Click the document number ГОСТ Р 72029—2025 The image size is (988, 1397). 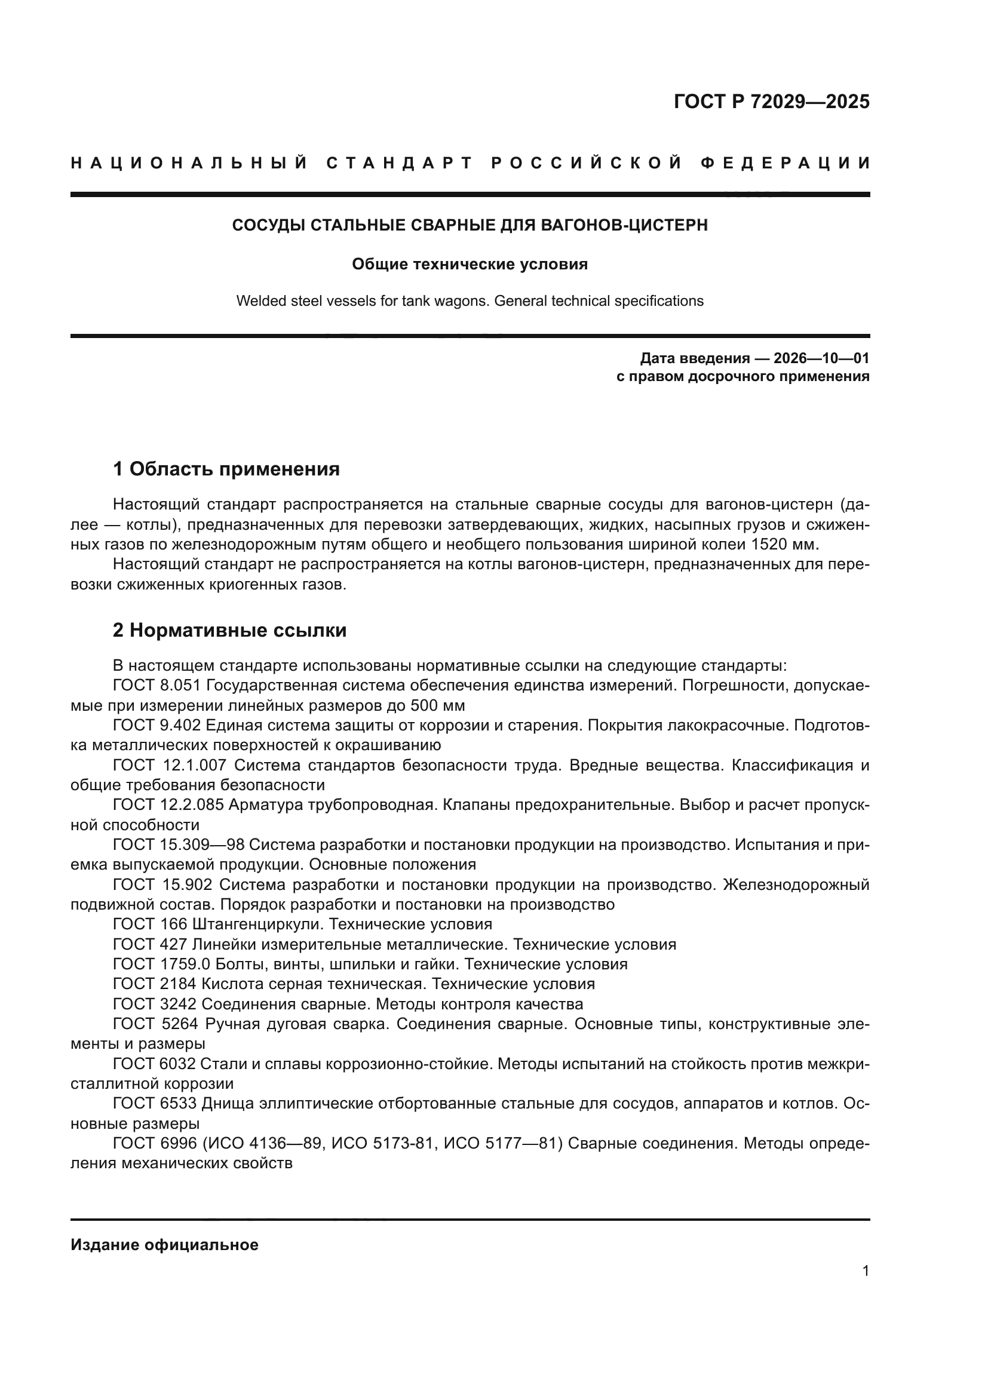[x=771, y=102]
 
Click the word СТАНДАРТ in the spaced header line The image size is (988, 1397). [x=399, y=163]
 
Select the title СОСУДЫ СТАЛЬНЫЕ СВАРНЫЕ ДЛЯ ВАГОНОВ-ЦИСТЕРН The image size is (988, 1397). [x=470, y=225]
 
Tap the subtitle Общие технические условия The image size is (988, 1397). [x=470, y=264]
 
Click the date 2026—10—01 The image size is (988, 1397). [x=821, y=358]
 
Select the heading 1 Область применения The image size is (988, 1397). [x=226, y=468]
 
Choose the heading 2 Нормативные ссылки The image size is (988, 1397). [x=229, y=630]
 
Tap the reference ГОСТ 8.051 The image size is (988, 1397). [x=157, y=685]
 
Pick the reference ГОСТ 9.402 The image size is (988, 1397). [x=157, y=725]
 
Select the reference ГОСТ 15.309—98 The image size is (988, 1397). [x=178, y=845]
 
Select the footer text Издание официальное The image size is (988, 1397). [x=164, y=1245]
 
